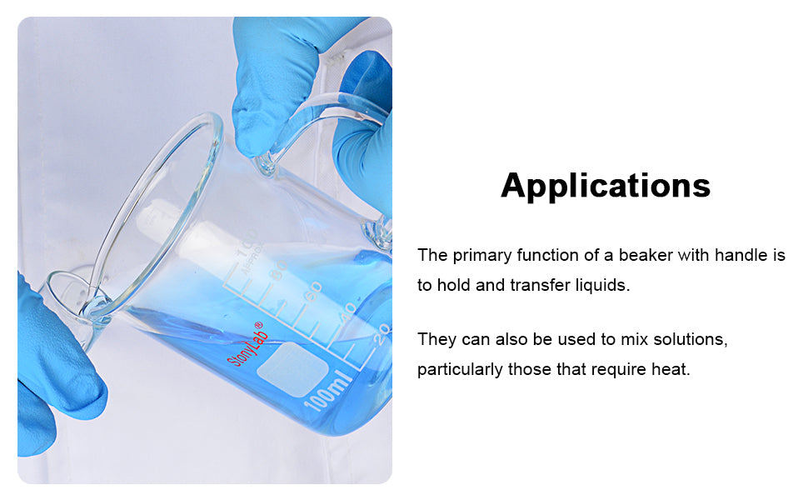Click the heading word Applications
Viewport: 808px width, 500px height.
coord(606,186)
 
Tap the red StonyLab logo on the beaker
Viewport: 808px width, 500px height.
coord(247,344)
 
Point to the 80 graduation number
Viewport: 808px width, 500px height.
coord(279,270)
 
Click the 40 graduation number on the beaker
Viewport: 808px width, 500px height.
coord(347,312)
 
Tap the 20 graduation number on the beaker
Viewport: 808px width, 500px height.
coord(382,334)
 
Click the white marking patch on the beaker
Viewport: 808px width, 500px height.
coord(292,370)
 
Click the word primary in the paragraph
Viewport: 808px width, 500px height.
coord(482,255)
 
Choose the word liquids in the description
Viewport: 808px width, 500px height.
coord(602,285)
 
